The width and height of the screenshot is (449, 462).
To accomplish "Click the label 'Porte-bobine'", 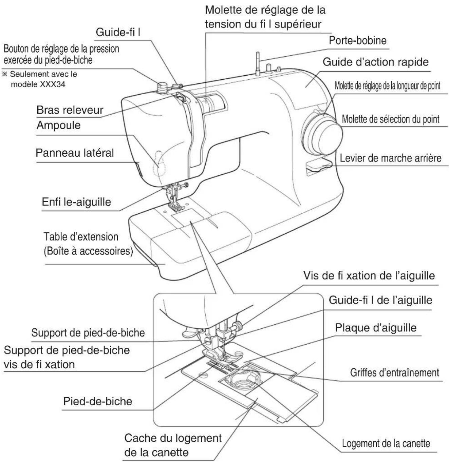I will tap(357, 41).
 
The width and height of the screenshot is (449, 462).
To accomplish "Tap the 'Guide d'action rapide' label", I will tap(375, 62).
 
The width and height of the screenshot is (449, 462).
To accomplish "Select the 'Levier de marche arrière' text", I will tap(390, 158).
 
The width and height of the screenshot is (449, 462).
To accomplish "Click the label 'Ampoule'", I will tap(58, 125).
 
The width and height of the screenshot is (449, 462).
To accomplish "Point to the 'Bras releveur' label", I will tap(70, 110).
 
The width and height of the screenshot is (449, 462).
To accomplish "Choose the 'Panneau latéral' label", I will tap(75, 153).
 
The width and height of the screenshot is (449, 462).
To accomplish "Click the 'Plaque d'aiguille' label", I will tap(376, 328).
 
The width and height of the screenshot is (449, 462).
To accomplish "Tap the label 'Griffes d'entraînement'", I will tap(394, 373).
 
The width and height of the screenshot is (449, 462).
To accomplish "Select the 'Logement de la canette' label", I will tap(386, 443).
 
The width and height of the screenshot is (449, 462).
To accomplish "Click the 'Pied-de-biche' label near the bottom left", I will tap(97, 402).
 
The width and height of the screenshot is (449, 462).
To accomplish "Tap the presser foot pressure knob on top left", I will tap(162, 86).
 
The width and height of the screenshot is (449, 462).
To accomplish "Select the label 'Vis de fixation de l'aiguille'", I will tap(369, 275).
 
